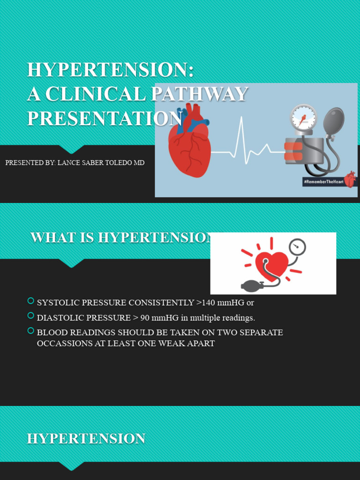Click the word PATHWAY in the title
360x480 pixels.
coord(199,94)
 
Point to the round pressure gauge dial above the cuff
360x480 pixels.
coord(303,117)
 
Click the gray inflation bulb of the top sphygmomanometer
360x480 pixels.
coord(333,121)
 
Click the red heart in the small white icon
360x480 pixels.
coord(271,265)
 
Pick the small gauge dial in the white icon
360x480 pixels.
coord(297,247)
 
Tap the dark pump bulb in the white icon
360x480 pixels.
coord(250,285)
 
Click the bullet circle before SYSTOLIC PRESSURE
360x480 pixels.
coord(31,301)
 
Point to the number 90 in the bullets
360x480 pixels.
coord(145,318)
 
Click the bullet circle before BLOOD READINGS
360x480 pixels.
coord(31,331)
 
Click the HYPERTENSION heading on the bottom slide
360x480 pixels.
coord(86,439)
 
